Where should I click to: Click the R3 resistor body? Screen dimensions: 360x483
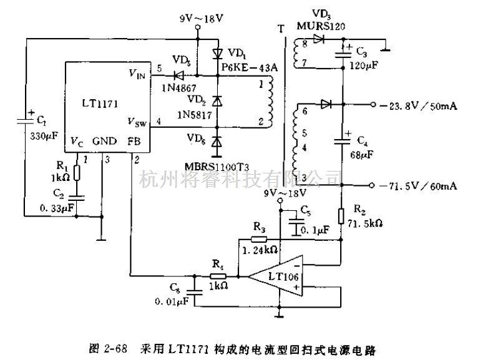[259, 239]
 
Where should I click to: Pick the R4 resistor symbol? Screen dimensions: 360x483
[217, 275]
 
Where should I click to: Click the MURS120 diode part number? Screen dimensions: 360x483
[320, 26]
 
